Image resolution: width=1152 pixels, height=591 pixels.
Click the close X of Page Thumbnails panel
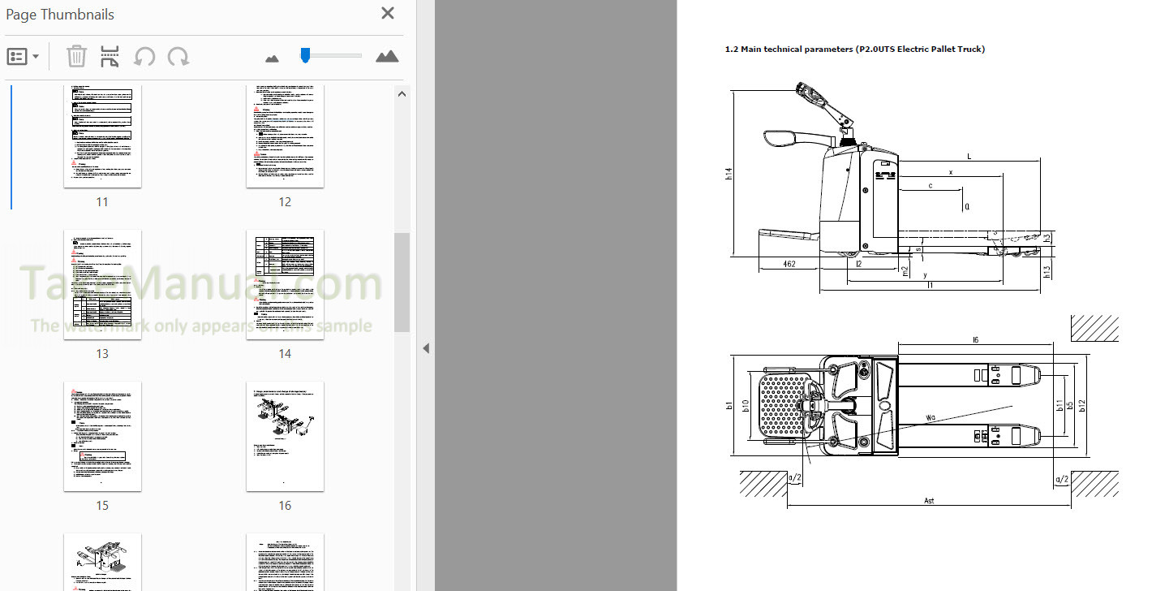388,13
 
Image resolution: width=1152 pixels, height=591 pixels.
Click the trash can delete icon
76,56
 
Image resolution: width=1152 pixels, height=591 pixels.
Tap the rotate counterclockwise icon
144,56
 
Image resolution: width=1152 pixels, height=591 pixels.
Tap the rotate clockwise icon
178,56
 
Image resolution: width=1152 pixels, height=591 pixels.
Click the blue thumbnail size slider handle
305,54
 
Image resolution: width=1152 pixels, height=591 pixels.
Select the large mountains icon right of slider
387,56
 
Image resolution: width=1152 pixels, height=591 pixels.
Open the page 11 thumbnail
102,136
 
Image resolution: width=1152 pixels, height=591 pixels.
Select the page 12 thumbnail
285,136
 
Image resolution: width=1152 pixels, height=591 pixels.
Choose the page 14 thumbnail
285,284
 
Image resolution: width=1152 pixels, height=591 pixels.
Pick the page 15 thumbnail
102,436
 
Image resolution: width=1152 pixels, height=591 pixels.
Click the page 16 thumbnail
285,436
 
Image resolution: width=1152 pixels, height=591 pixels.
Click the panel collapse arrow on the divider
426,348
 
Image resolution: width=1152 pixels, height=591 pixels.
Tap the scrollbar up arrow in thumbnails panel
402,94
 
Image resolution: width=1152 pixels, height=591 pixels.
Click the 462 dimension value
789,264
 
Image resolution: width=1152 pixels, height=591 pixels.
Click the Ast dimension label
929,501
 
